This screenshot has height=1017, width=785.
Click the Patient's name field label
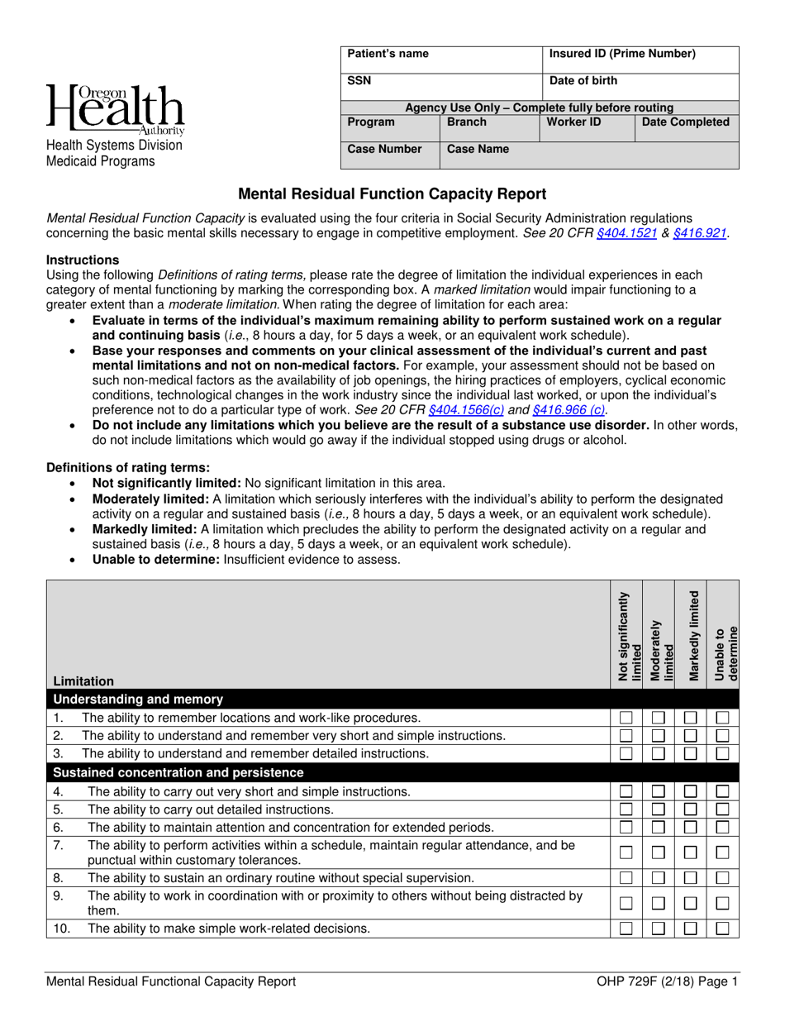pos(388,55)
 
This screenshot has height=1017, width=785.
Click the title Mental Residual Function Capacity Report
pos(392,194)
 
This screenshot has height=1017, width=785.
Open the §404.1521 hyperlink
pos(626,233)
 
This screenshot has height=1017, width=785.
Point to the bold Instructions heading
pos(83,260)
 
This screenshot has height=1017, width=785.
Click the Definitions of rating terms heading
pos(128,467)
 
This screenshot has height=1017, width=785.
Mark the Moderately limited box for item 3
pos(659,753)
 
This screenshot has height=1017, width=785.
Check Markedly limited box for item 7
pos(691,852)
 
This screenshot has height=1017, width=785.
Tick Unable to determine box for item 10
pos(722,929)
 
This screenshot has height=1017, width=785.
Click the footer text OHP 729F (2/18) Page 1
pos(666,982)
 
